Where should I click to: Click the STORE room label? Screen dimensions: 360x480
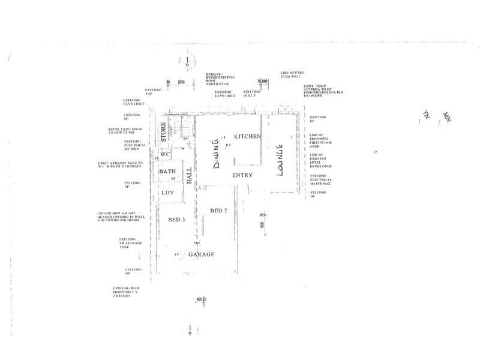pyautogui.click(x=163, y=133)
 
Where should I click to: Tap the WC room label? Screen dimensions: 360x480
pyautogui.click(x=166, y=154)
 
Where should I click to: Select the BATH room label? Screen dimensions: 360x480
pyautogui.click(x=167, y=172)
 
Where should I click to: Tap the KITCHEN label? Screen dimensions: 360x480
pyautogui.click(x=247, y=137)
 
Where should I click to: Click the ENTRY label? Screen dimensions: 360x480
pyautogui.click(x=243, y=175)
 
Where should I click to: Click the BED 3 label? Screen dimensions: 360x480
pyautogui.click(x=176, y=220)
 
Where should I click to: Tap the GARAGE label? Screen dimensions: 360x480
pyautogui.click(x=202, y=254)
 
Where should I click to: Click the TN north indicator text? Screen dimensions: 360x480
pyautogui.click(x=427, y=116)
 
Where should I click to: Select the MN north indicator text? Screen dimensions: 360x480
pyautogui.click(x=446, y=115)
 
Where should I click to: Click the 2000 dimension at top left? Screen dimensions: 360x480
pyautogui.click(x=182, y=81)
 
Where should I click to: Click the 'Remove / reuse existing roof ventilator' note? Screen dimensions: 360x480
pyautogui.click(x=220, y=77)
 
